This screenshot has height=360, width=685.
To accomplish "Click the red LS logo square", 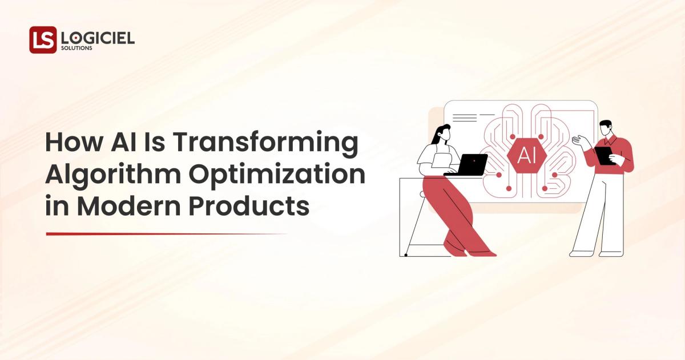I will (x=43, y=40).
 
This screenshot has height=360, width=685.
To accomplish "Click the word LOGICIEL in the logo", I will (x=97, y=38).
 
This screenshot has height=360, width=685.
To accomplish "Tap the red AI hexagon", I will (x=526, y=155).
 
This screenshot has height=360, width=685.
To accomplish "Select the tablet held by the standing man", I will (x=604, y=155).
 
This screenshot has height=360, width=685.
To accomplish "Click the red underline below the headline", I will (x=166, y=234).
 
